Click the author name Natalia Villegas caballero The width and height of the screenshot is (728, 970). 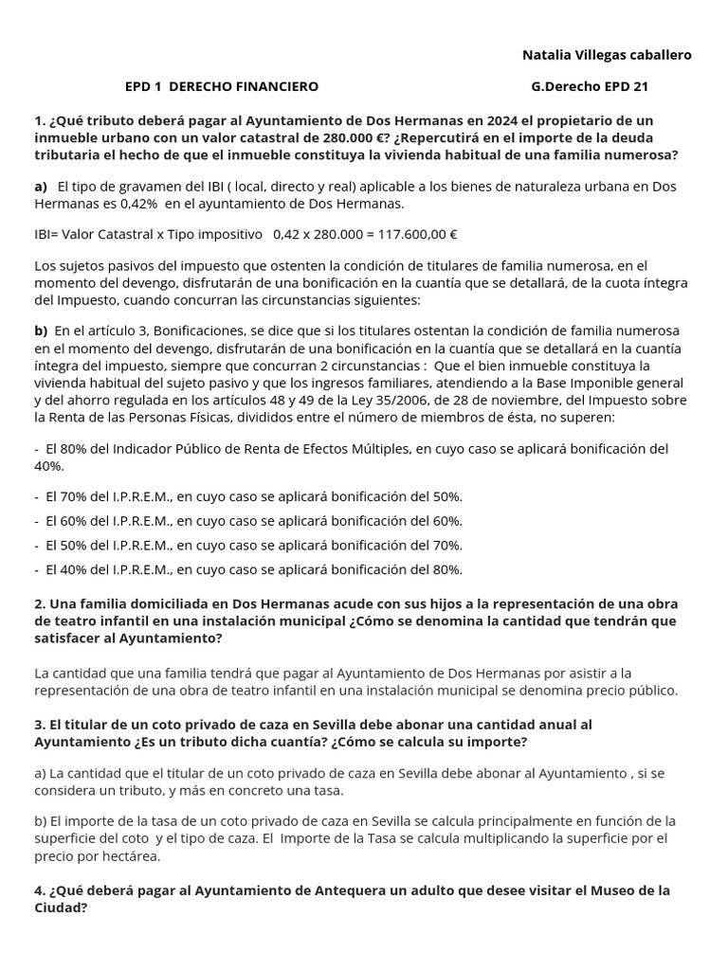pos(607,55)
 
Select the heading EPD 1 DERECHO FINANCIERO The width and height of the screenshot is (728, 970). pos(222,86)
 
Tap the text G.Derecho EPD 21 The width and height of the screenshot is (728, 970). pos(590,86)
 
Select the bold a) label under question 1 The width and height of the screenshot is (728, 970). pos(41,187)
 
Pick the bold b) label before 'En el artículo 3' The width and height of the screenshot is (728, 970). pos(41,331)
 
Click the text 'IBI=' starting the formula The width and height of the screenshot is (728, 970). pos(48,234)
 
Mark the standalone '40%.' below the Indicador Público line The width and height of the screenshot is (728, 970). pos(49,466)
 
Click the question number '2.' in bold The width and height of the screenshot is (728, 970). pos(40,603)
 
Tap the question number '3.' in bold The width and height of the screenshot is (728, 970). pos(40,725)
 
